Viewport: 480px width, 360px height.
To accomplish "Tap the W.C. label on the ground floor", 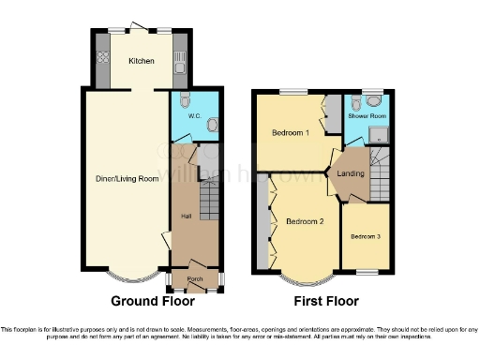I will [195, 116].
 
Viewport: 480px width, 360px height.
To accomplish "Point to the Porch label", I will [195, 279].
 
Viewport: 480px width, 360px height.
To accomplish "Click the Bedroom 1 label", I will [291, 132].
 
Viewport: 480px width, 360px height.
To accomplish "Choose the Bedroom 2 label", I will [305, 221].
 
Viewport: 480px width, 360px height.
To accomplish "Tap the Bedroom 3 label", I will [367, 236].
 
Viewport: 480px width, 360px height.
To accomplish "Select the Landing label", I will [351, 172].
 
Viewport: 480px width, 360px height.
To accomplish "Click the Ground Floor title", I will [153, 301].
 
